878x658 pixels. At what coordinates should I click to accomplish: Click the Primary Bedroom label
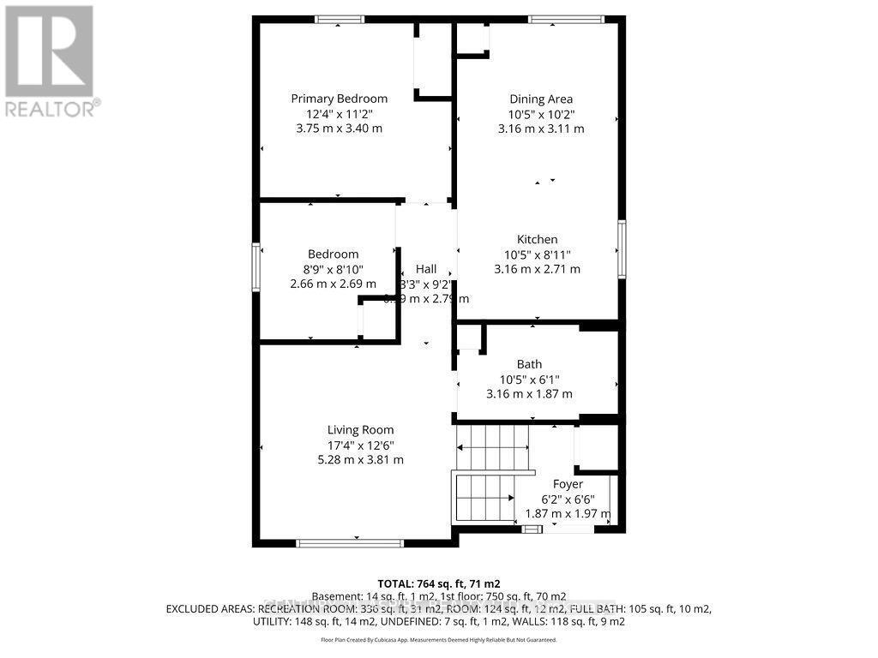click(x=339, y=99)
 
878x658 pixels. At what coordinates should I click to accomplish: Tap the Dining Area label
click(x=541, y=99)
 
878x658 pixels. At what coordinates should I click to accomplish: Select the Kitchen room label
click(x=537, y=240)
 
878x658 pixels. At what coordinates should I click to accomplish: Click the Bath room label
click(x=529, y=364)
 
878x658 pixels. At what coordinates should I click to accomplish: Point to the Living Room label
click(x=360, y=430)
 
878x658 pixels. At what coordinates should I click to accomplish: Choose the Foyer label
click(x=568, y=484)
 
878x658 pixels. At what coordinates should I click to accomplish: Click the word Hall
click(x=426, y=269)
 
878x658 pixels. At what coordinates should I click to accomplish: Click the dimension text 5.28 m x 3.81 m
click(x=360, y=460)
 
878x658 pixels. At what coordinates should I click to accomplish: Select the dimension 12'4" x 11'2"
click(x=339, y=113)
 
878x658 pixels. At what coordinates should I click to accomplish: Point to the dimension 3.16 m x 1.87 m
click(x=529, y=394)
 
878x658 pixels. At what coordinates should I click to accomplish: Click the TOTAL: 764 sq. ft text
click(x=438, y=583)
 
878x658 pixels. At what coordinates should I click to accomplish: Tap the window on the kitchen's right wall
click(x=622, y=249)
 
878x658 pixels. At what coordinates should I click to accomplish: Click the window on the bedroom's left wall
click(x=256, y=267)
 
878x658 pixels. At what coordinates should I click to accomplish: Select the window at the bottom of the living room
click(x=349, y=542)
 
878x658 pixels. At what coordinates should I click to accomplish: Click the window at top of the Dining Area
click(x=566, y=20)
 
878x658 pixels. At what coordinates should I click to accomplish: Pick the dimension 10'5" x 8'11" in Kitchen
click(x=537, y=254)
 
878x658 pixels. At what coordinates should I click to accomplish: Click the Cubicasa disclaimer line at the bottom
click(x=438, y=640)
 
